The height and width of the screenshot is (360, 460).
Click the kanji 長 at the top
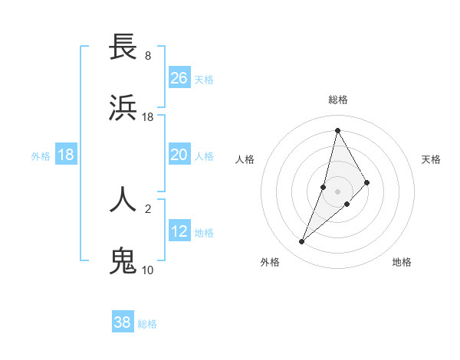coord(123,47)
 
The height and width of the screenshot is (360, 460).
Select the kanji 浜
coord(123,108)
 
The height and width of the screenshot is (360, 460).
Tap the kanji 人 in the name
coord(123,199)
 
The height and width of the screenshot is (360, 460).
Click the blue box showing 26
coord(179,78)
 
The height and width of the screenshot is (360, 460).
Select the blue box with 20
coord(179,155)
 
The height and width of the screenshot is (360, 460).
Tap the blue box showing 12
coord(179,231)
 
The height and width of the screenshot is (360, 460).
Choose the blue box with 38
coord(123,322)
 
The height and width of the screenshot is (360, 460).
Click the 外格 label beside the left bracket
coord(41,155)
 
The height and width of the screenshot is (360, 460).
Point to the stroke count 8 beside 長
coord(148,56)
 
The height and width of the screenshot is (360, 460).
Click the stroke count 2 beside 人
coord(148,208)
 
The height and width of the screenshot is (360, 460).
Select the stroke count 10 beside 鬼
coord(148,270)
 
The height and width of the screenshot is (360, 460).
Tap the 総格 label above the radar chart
coord(338,100)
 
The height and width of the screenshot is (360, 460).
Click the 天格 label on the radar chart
coord(432,159)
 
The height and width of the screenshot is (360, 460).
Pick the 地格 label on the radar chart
coord(402,262)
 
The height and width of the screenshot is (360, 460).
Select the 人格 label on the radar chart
coord(245,159)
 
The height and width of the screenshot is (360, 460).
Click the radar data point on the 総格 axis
coord(337,130)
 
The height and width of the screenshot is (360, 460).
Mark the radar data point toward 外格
coord(301,242)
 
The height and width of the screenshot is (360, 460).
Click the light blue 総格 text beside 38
coord(147,324)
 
